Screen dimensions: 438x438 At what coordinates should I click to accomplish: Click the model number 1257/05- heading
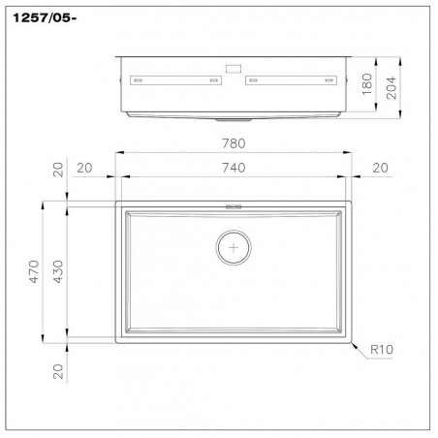45,18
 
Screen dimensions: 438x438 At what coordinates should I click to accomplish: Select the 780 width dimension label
234,143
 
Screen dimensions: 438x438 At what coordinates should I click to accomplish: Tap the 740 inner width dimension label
234,168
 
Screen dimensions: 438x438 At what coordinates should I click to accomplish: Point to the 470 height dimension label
34,271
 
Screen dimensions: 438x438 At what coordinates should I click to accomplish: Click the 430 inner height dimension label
58,271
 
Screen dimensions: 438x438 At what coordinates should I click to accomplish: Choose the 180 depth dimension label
367,84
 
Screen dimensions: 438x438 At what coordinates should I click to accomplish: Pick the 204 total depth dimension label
391,88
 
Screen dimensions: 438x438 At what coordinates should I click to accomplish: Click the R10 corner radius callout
382,350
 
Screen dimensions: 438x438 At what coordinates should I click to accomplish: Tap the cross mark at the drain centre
234,248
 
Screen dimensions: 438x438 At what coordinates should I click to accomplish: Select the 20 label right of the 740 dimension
380,168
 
